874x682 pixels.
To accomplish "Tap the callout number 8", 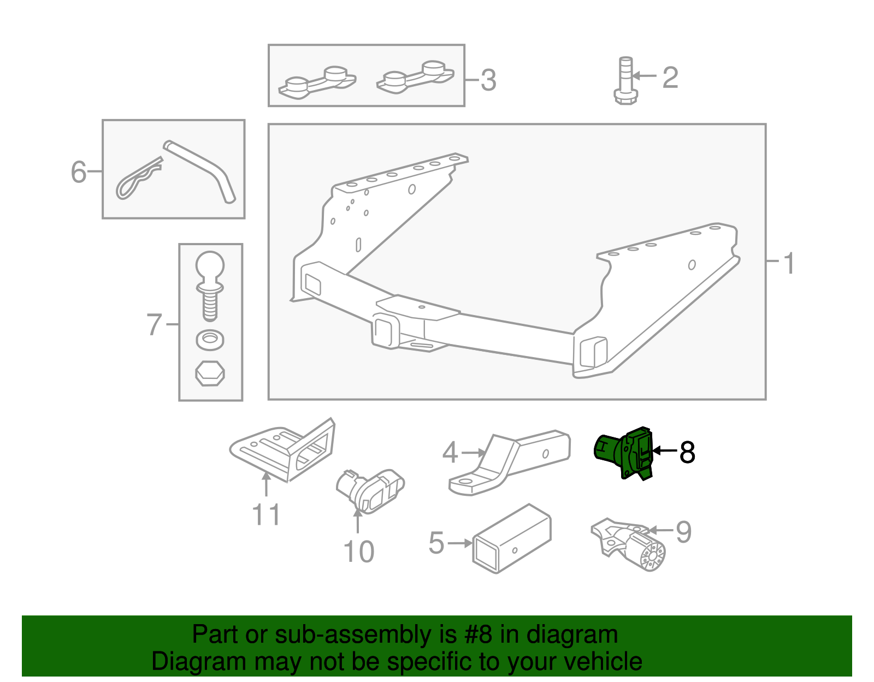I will [x=687, y=453].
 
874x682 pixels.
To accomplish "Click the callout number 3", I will [x=488, y=80].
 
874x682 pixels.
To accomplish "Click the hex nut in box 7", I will [x=210, y=373].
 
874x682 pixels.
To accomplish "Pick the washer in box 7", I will [x=210, y=340].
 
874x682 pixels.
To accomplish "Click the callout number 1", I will [x=789, y=263].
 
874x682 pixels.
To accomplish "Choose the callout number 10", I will [x=359, y=552].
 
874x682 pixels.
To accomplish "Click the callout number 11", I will [x=266, y=515].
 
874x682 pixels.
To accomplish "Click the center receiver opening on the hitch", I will [x=384, y=331].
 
